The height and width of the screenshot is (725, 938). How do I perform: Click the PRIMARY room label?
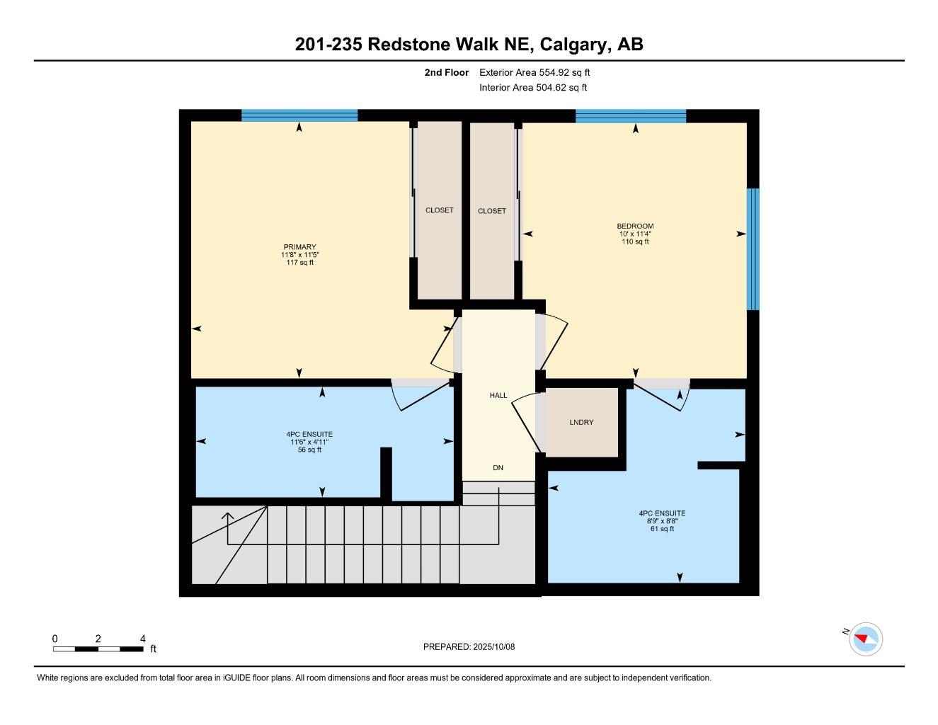(299, 247)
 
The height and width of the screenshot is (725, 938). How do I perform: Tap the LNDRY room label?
(581, 423)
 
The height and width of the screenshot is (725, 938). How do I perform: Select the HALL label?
(498, 395)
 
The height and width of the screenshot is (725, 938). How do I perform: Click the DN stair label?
(498, 468)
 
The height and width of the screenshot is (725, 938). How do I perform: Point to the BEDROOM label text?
(635, 227)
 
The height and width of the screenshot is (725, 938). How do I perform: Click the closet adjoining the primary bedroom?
(439, 210)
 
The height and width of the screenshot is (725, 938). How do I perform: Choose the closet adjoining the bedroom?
(492, 211)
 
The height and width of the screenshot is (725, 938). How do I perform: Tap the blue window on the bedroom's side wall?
(753, 249)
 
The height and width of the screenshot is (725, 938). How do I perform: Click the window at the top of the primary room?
(299, 115)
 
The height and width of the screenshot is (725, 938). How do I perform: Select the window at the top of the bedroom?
(631, 116)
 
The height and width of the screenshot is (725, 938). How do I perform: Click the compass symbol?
(865, 639)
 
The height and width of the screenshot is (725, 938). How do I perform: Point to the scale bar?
(98, 649)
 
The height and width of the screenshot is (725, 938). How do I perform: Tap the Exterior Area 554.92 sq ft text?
(534, 72)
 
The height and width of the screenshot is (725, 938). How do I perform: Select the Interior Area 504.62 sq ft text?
(533, 88)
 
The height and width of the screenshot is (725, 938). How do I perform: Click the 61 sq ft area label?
(662, 529)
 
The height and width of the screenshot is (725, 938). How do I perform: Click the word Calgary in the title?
(573, 45)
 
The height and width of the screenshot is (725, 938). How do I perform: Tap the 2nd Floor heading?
(447, 72)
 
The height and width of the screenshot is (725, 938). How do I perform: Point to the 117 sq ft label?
(299, 263)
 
